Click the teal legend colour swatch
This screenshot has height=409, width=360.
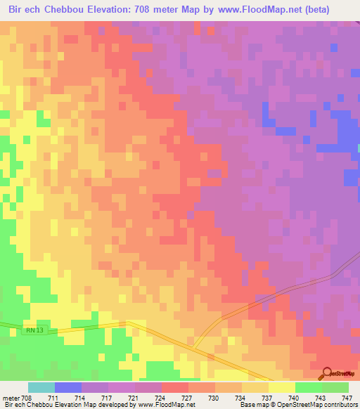coord(41,387)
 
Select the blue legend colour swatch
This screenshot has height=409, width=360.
coord(68,387)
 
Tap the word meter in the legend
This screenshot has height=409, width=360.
coord(11,398)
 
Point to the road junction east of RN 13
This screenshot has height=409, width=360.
coord(194,344)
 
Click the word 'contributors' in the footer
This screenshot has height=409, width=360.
coord(340,405)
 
